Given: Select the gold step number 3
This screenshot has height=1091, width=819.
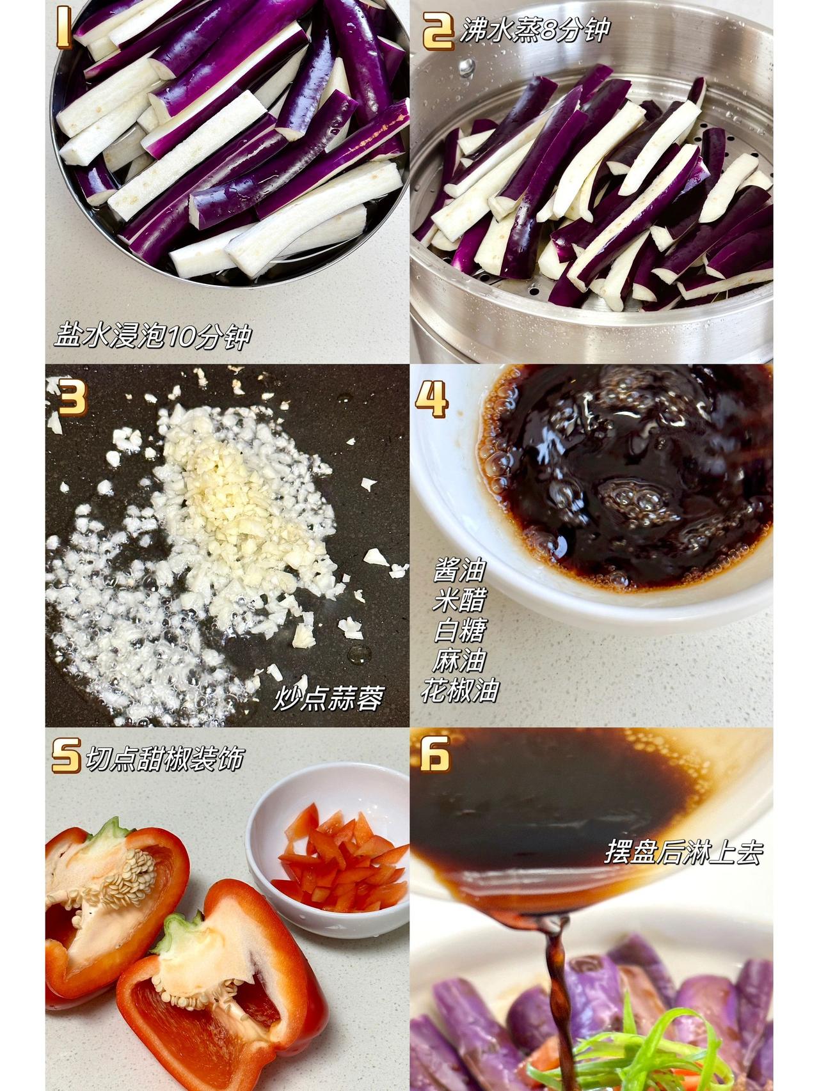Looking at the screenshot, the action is click(x=72, y=396).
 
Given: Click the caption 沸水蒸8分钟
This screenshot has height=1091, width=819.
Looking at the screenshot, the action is click(x=534, y=30).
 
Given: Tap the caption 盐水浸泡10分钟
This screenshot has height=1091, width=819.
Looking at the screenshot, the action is click(x=152, y=335).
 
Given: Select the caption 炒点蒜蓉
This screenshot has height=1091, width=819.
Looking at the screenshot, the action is click(x=328, y=698).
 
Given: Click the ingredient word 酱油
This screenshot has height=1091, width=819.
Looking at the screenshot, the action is click(x=460, y=569).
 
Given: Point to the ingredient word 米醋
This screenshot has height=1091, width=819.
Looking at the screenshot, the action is click(x=460, y=599).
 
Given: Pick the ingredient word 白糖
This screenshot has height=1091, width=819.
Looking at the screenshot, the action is click(x=460, y=630).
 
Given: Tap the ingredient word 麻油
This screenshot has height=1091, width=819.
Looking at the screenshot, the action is click(x=460, y=660).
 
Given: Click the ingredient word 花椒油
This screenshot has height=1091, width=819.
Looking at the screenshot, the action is click(x=460, y=690).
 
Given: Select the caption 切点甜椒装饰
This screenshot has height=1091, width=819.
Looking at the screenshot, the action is click(x=164, y=759).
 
